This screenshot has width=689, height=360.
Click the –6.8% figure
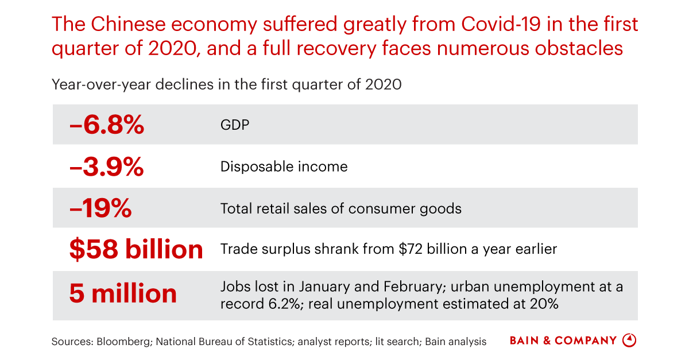(107, 125)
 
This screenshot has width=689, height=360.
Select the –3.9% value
(107, 167)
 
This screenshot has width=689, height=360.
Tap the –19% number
(100, 208)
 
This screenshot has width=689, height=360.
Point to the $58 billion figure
(136, 249)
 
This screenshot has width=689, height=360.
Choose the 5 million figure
(123, 293)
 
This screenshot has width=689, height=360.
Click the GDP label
(235, 125)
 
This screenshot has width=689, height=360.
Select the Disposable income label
(284, 167)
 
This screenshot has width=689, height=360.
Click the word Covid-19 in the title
(501, 24)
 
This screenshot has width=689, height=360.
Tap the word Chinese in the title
(128, 24)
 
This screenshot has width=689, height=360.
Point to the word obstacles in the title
(579, 48)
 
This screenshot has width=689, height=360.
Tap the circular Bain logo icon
(629, 340)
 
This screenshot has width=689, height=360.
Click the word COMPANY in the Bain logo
(586, 340)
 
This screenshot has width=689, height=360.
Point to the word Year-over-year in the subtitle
(102, 84)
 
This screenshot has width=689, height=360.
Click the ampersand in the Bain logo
(547, 340)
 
